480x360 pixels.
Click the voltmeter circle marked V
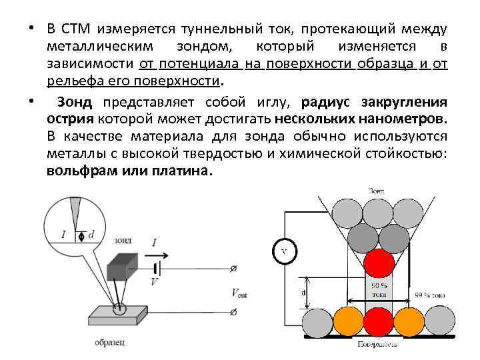coord(283,251)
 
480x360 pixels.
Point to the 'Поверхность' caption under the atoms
coord(377,344)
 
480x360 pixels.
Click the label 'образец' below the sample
coord(109,342)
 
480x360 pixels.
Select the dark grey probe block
coord(121,267)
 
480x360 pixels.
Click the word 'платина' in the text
coord(184,170)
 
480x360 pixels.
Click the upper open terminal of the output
coord(233,269)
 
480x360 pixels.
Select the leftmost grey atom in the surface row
coord(317,321)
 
